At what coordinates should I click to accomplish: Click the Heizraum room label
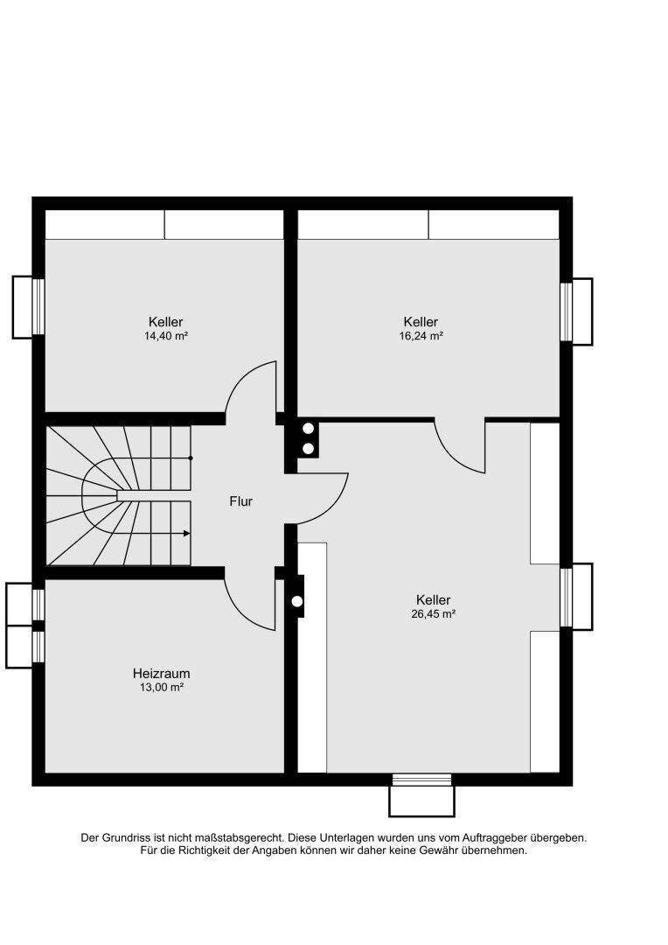(x=162, y=673)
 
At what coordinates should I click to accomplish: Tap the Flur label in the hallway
(x=241, y=500)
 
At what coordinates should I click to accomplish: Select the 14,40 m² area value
(x=166, y=336)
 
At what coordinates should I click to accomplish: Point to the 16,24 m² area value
(x=421, y=336)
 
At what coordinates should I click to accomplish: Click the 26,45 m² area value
(x=433, y=614)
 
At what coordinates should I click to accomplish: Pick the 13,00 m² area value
(x=162, y=687)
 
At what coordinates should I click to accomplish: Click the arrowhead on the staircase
(x=187, y=534)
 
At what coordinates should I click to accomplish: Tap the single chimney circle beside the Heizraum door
(x=297, y=601)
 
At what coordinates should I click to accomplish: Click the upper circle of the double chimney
(x=309, y=429)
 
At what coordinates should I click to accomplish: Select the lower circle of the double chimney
(x=309, y=448)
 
